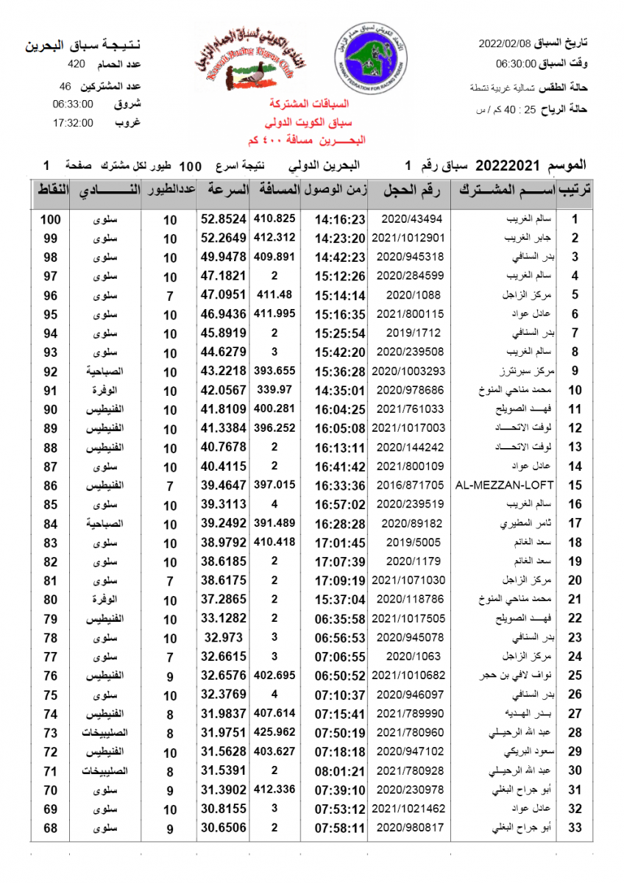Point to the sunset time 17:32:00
click(x=73, y=123)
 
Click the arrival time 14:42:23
click(x=340, y=258)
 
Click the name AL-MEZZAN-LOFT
click(x=504, y=485)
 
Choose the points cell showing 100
click(x=50, y=219)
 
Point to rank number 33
click(x=575, y=828)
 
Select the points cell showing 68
click(x=50, y=828)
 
